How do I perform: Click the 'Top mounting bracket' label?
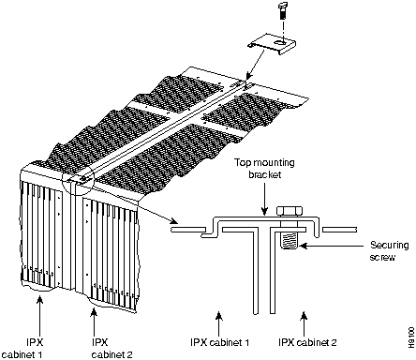264,169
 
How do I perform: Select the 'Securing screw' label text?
390,251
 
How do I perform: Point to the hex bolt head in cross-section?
290,211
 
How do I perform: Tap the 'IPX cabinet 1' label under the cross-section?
219,342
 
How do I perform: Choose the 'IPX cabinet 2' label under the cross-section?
307,342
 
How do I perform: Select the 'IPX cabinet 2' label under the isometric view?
111,349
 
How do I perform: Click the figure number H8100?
411,337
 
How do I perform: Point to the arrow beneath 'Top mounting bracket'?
264,199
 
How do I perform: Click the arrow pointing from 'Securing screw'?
331,247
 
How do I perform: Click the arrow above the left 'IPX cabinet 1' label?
39,315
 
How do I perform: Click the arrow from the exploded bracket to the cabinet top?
260,64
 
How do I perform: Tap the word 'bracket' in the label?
265,174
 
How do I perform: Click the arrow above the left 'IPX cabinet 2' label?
93,321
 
